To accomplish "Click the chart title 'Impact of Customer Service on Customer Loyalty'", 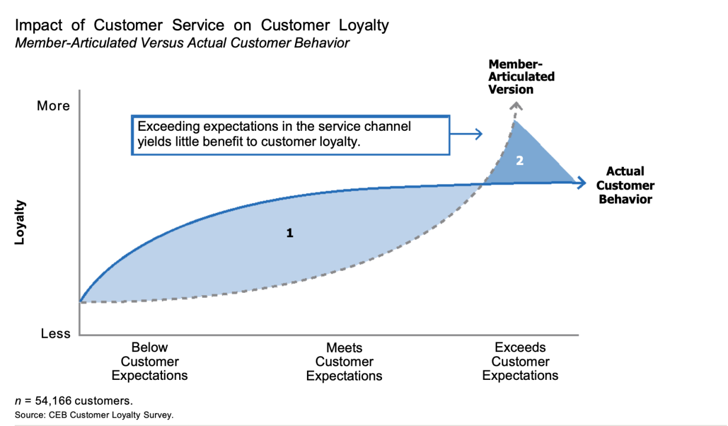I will coord(202,25).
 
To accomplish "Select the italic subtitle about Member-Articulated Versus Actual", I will coord(182,43).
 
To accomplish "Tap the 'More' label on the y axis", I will coord(53,106).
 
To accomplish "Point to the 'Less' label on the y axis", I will coord(56,334).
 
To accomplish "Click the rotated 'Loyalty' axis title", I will coord(21,222).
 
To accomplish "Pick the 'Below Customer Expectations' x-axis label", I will coord(150,362).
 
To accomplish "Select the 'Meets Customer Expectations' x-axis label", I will coord(344,362).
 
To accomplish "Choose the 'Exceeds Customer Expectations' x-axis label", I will coord(520,362).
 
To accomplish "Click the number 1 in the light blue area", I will coord(290,233).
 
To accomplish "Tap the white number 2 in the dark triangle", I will coord(520,161).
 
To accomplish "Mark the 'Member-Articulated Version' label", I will coord(521,77).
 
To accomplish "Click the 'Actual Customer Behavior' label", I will coord(625,185).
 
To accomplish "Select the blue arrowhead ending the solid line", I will coord(581,183).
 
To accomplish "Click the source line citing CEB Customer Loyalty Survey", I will coord(94,415).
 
